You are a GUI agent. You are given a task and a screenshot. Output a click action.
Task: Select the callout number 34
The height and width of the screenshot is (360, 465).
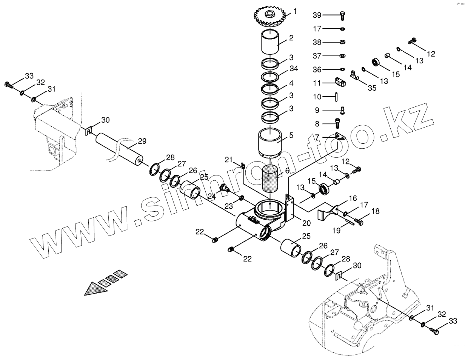(294, 69)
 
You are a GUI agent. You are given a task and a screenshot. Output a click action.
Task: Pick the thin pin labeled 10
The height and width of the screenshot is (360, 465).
(336, 97)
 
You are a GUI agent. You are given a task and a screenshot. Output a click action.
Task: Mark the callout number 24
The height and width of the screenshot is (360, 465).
(211, 196)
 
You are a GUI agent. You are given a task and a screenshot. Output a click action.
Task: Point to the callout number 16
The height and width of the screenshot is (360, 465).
(353, 198)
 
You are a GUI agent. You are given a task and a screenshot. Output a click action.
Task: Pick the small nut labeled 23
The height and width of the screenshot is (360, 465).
(242, 198)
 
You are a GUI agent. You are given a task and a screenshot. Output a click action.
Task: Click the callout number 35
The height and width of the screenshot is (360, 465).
(372, 88)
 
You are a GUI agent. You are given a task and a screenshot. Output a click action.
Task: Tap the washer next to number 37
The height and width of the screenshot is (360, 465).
(342, 56)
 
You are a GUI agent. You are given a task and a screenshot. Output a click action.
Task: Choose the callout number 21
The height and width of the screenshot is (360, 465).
(228, 160)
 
